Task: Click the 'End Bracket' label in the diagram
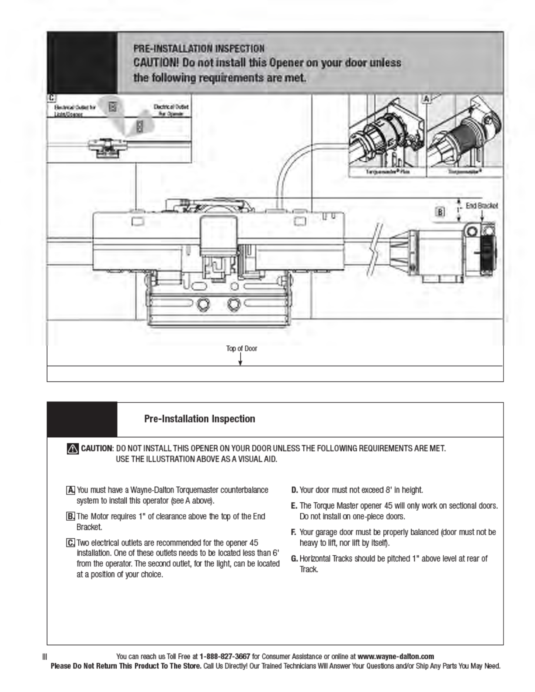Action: pos(481,205)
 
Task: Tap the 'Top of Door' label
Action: pos(242,348)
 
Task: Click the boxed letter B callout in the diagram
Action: pos(441,212)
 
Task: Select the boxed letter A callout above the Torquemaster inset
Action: pos(427,99)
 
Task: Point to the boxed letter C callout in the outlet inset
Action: pos(52,98)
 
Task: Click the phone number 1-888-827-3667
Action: pos(225,656)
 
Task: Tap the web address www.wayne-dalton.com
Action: pos(396,656)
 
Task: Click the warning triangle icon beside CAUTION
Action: pos(73,449)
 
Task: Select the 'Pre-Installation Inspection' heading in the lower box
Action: pos(200,419)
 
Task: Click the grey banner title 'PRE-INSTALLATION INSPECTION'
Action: pos(199,48)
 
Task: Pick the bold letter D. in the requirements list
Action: pos(295,490)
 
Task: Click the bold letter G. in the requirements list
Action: pos(295,558)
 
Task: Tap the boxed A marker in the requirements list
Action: pos(70,490)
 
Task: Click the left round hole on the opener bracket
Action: pos(203,304)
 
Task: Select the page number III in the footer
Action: pos(45,657)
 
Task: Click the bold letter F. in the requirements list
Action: pos(294,532)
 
